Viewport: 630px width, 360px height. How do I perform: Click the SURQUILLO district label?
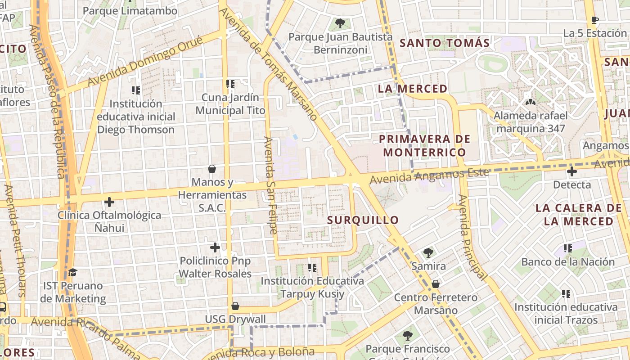click(363, 220)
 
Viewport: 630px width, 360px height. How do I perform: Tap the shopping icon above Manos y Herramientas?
click(212, 169)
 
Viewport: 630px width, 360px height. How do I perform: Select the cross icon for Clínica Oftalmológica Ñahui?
click(109, 202)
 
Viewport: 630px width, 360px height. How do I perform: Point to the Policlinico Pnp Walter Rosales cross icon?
click(215, 247)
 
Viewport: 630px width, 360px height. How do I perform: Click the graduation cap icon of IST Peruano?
click(72, 272)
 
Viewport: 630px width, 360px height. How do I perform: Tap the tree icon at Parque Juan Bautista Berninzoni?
click(340, 23)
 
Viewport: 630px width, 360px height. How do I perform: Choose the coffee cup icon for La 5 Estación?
click(594, 20)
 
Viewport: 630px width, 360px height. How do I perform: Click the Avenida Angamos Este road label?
click(429, 175)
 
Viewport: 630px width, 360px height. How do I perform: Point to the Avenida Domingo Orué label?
click(145, 61)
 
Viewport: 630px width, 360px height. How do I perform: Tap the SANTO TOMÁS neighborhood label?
click(444, 43)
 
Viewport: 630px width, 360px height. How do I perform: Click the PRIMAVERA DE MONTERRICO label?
click(424, 145)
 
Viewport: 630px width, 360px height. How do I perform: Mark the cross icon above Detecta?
click(571, 171)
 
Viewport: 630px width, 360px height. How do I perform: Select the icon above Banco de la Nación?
click(568, 248)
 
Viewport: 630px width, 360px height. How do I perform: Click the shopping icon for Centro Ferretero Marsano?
click(435, 284)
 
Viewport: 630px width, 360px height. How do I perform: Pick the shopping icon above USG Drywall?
click(235, 306)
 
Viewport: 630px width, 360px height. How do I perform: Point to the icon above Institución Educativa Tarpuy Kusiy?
click(312, 268)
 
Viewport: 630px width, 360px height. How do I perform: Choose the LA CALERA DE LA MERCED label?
click(578, 215)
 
